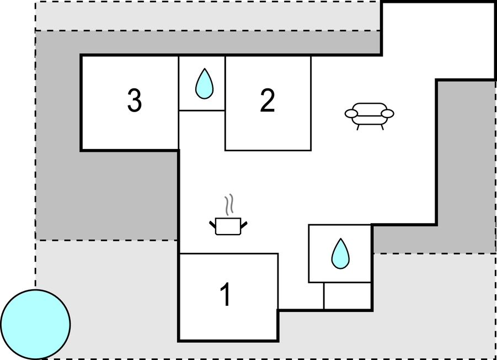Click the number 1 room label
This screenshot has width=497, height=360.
226,294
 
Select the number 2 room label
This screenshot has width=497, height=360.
267,100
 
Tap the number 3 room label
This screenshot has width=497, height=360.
135,100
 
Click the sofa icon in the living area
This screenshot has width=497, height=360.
369,116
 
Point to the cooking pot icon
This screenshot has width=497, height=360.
228,226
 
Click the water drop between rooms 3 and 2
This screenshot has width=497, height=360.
205,83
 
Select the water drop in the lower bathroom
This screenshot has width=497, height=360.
340,253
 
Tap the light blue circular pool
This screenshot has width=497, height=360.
35,325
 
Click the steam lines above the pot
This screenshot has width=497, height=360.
229,205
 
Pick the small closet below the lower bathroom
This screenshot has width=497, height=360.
348,295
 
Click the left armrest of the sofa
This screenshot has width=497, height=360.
351,114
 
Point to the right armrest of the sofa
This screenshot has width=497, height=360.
387,114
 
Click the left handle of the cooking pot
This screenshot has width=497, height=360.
212,224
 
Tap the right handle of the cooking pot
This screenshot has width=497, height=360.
244,225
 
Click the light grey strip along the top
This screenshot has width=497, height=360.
207,16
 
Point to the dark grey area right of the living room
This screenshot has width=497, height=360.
466,165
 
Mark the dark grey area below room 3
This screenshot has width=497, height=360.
106,195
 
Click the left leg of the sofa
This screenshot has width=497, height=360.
358,127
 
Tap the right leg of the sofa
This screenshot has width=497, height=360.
382,127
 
